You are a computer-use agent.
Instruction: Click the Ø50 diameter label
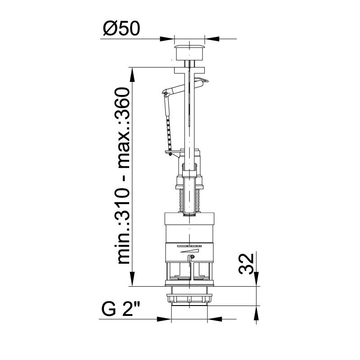click(121, 28)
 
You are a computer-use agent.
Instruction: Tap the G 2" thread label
click(121, 309)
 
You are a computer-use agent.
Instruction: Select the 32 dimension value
click(246, 264)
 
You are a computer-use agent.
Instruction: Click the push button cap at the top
click(189, 53)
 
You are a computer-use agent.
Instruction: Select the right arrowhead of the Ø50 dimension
click(212, 39)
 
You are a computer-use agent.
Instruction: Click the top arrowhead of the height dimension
click(132, 75)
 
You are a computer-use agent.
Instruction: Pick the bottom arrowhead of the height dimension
click(132, 279)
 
